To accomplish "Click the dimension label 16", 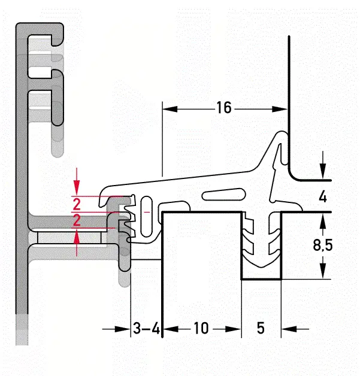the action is [224, 107].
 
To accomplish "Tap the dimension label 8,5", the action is [323, 245].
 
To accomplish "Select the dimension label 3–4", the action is [146, 328].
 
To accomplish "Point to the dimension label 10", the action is [201, 328].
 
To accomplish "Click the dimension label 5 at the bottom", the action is [261, 328].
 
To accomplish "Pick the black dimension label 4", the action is [323, 197].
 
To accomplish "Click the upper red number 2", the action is [77, 205].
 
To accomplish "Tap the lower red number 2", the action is [77, 220].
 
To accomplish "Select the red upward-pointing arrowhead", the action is [77, 237].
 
